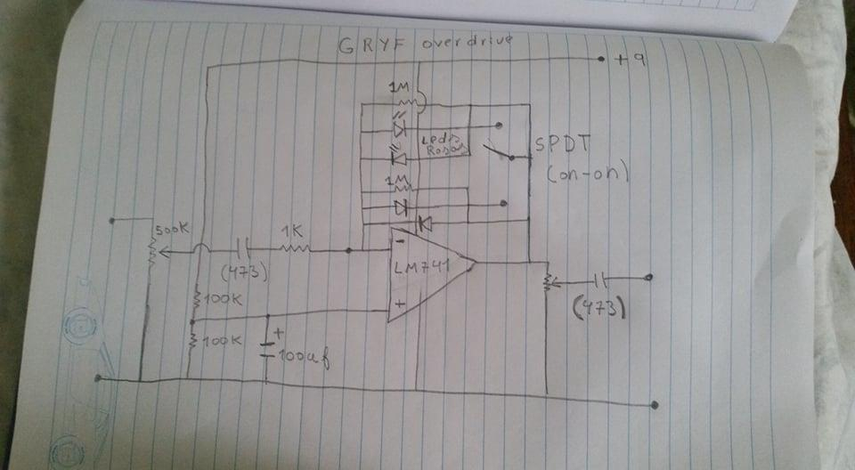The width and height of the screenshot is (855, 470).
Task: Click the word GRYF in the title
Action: click(x=362, y=47)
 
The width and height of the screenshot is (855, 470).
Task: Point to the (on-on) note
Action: click(x=588, y=174)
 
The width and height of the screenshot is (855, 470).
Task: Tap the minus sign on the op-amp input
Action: click(x=400, y=239)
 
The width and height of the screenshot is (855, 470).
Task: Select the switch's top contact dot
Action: click(x=497, y=126)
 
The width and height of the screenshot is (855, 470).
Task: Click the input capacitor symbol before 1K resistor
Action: click(x=240, y=248)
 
